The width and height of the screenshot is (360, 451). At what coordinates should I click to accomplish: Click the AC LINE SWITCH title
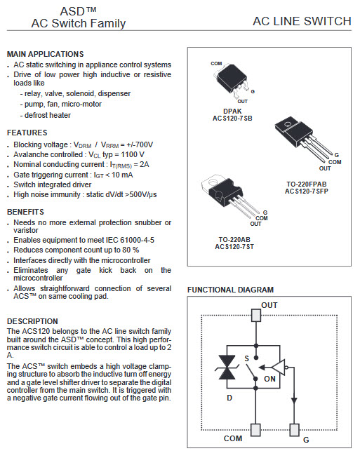tap(302, 22)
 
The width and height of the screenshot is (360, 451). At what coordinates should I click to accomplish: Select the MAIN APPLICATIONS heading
tap(45, 54)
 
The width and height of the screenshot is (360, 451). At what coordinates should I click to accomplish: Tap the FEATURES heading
tap(27, 133)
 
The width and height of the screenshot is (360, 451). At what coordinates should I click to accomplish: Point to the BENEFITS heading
tap(26, 212)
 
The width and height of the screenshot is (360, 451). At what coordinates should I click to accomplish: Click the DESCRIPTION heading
tap(32, 321)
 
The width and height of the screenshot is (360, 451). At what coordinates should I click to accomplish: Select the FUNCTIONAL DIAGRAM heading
tap(230, 290)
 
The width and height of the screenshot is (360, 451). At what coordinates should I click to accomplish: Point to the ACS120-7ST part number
tap(235, 248)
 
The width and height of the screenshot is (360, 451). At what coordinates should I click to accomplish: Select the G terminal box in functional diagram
tap(295, 429)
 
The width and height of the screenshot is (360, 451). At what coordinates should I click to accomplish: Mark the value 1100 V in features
tap(130, 154)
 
